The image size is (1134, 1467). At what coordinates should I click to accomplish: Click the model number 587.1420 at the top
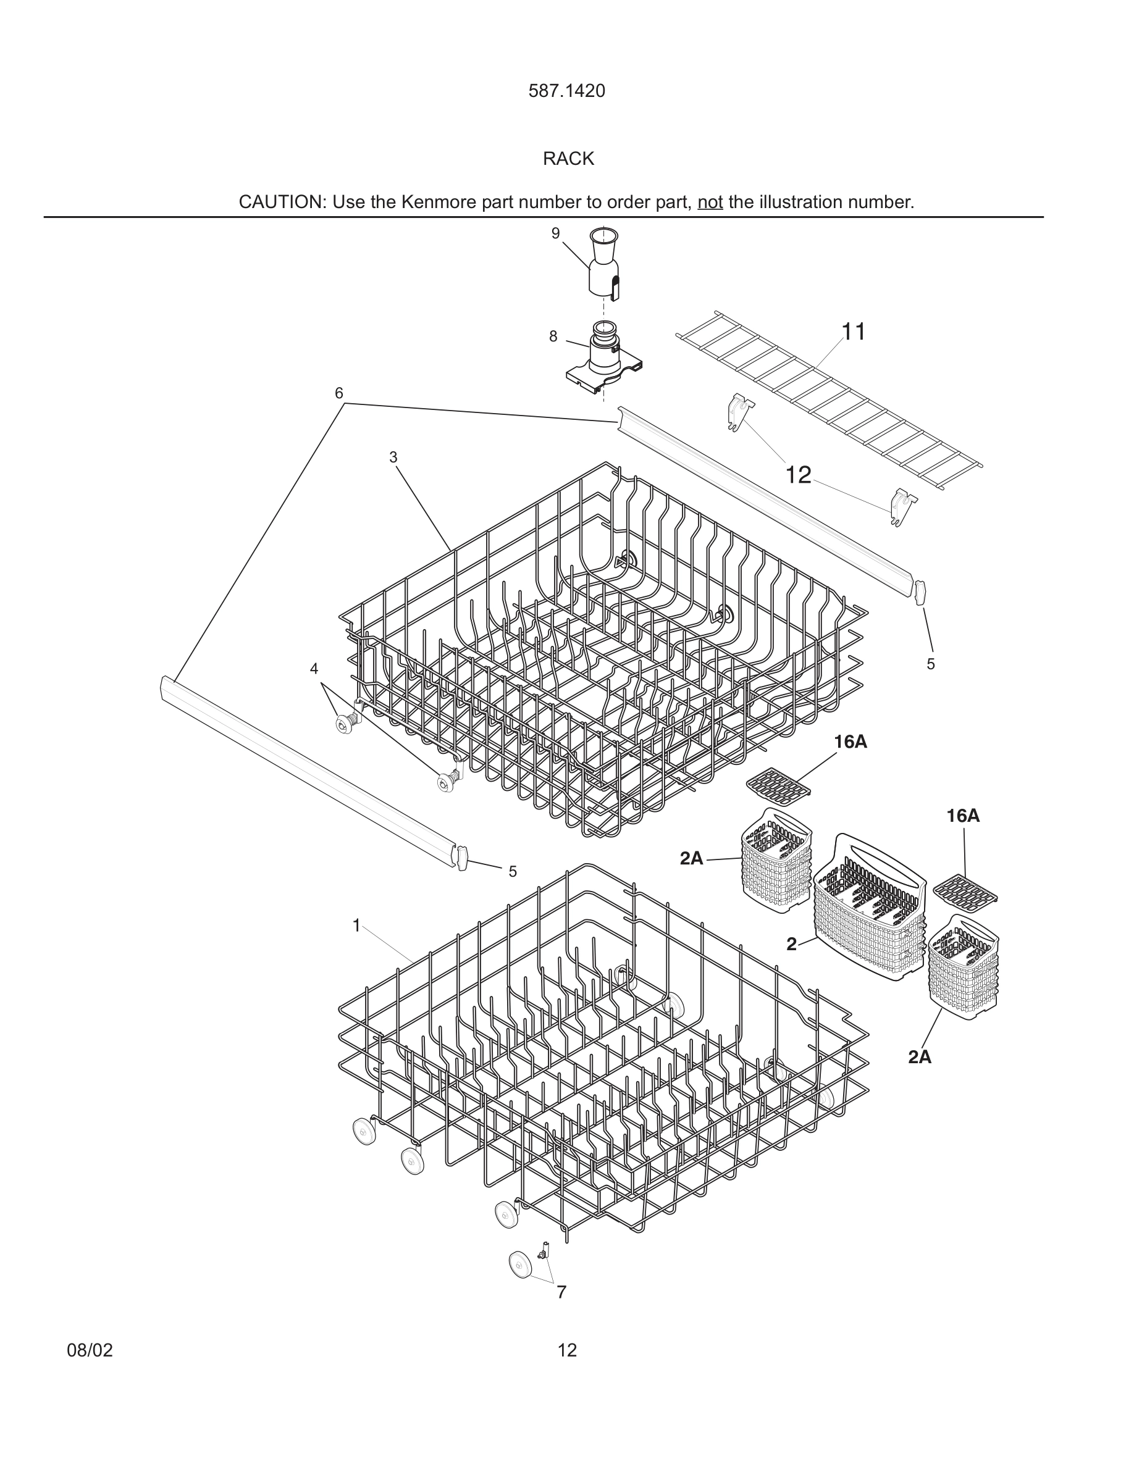(x=566, y=91)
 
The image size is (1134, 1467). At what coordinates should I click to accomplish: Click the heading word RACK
(x=568, y=159)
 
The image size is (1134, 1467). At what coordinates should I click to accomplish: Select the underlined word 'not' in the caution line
(x=710, y=202)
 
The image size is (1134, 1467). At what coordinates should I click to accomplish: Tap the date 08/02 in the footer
(x=90, y=1350)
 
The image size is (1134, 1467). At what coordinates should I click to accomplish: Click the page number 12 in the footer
(x=567, y=1350)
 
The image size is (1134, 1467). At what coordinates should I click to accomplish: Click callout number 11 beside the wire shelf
(x=853, y=332)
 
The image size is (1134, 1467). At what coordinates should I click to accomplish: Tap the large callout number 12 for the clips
(x=798, y=475)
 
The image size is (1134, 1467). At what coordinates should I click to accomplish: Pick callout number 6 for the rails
(x=339, y=393)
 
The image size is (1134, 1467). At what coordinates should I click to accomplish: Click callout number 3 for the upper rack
(x=393, y=458)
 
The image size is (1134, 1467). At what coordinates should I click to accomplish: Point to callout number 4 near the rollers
(x=314, y=668)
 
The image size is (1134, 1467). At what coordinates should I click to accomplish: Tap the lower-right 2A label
(x=920, y=1056)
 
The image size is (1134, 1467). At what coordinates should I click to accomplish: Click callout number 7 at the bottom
(x=561, y=1292)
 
